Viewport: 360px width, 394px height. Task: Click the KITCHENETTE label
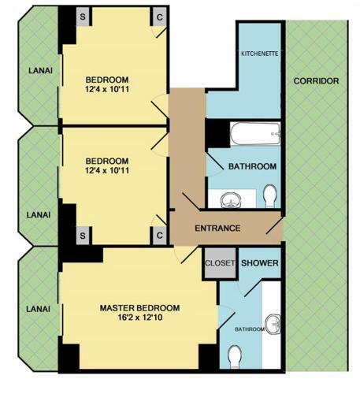(x=259, y=54)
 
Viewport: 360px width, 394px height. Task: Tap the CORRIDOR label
(x=316, y=81)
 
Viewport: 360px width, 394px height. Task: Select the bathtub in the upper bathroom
(x=255, y=134)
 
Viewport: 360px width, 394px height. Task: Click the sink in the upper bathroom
(x=231, y=200)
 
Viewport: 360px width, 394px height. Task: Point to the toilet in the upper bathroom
(x=270, y=195)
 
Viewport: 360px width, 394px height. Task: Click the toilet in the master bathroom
(x=235, y=357)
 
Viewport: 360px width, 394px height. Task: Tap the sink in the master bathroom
(x=273, y=324)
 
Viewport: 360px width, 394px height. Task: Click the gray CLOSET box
(x=220, y=263)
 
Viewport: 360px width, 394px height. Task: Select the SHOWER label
(x=260, y=263)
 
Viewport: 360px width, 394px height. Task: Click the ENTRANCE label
(x=217, y=228)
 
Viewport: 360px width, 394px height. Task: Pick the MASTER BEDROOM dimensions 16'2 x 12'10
(x=140, y=318)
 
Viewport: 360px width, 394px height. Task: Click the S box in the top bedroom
(x=83, y=17)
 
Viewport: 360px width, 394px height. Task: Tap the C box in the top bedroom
(x=159, y=17)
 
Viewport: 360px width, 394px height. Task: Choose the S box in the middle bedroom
(x=83, y=236)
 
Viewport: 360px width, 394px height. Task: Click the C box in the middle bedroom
(x=159, y=236)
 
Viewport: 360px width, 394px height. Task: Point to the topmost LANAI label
(x=40, y=70)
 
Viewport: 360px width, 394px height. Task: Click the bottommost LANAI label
(x=38, y=309)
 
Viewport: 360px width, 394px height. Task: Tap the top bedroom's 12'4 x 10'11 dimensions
(x=107, y=89)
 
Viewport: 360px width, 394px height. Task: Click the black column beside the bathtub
(x=217, y=133)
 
